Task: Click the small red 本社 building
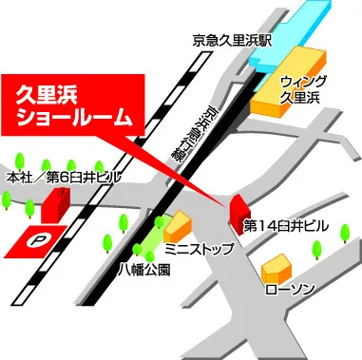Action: click(55, 203)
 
